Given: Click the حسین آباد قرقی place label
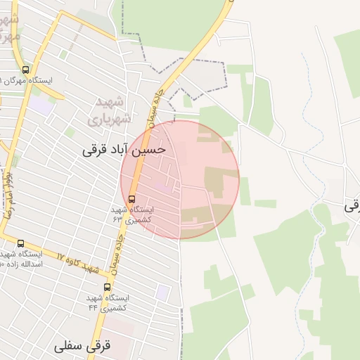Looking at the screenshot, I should coord(124,149).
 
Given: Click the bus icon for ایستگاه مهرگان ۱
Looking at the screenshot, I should coord(26,70).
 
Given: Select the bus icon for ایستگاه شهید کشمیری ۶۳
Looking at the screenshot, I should coord(132,198).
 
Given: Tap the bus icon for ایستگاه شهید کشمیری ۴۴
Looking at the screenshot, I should coord(107,287).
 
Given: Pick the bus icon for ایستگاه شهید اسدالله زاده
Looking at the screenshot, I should coord(20,243).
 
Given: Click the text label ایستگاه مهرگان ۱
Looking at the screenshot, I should coord(32,81).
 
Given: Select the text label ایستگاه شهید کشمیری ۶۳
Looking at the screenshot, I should coord(128,214).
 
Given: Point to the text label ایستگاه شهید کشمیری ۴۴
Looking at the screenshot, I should coord(108,303).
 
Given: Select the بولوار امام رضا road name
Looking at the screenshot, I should coord(9,200).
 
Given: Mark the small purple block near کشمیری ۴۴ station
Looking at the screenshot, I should coord(163,292).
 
